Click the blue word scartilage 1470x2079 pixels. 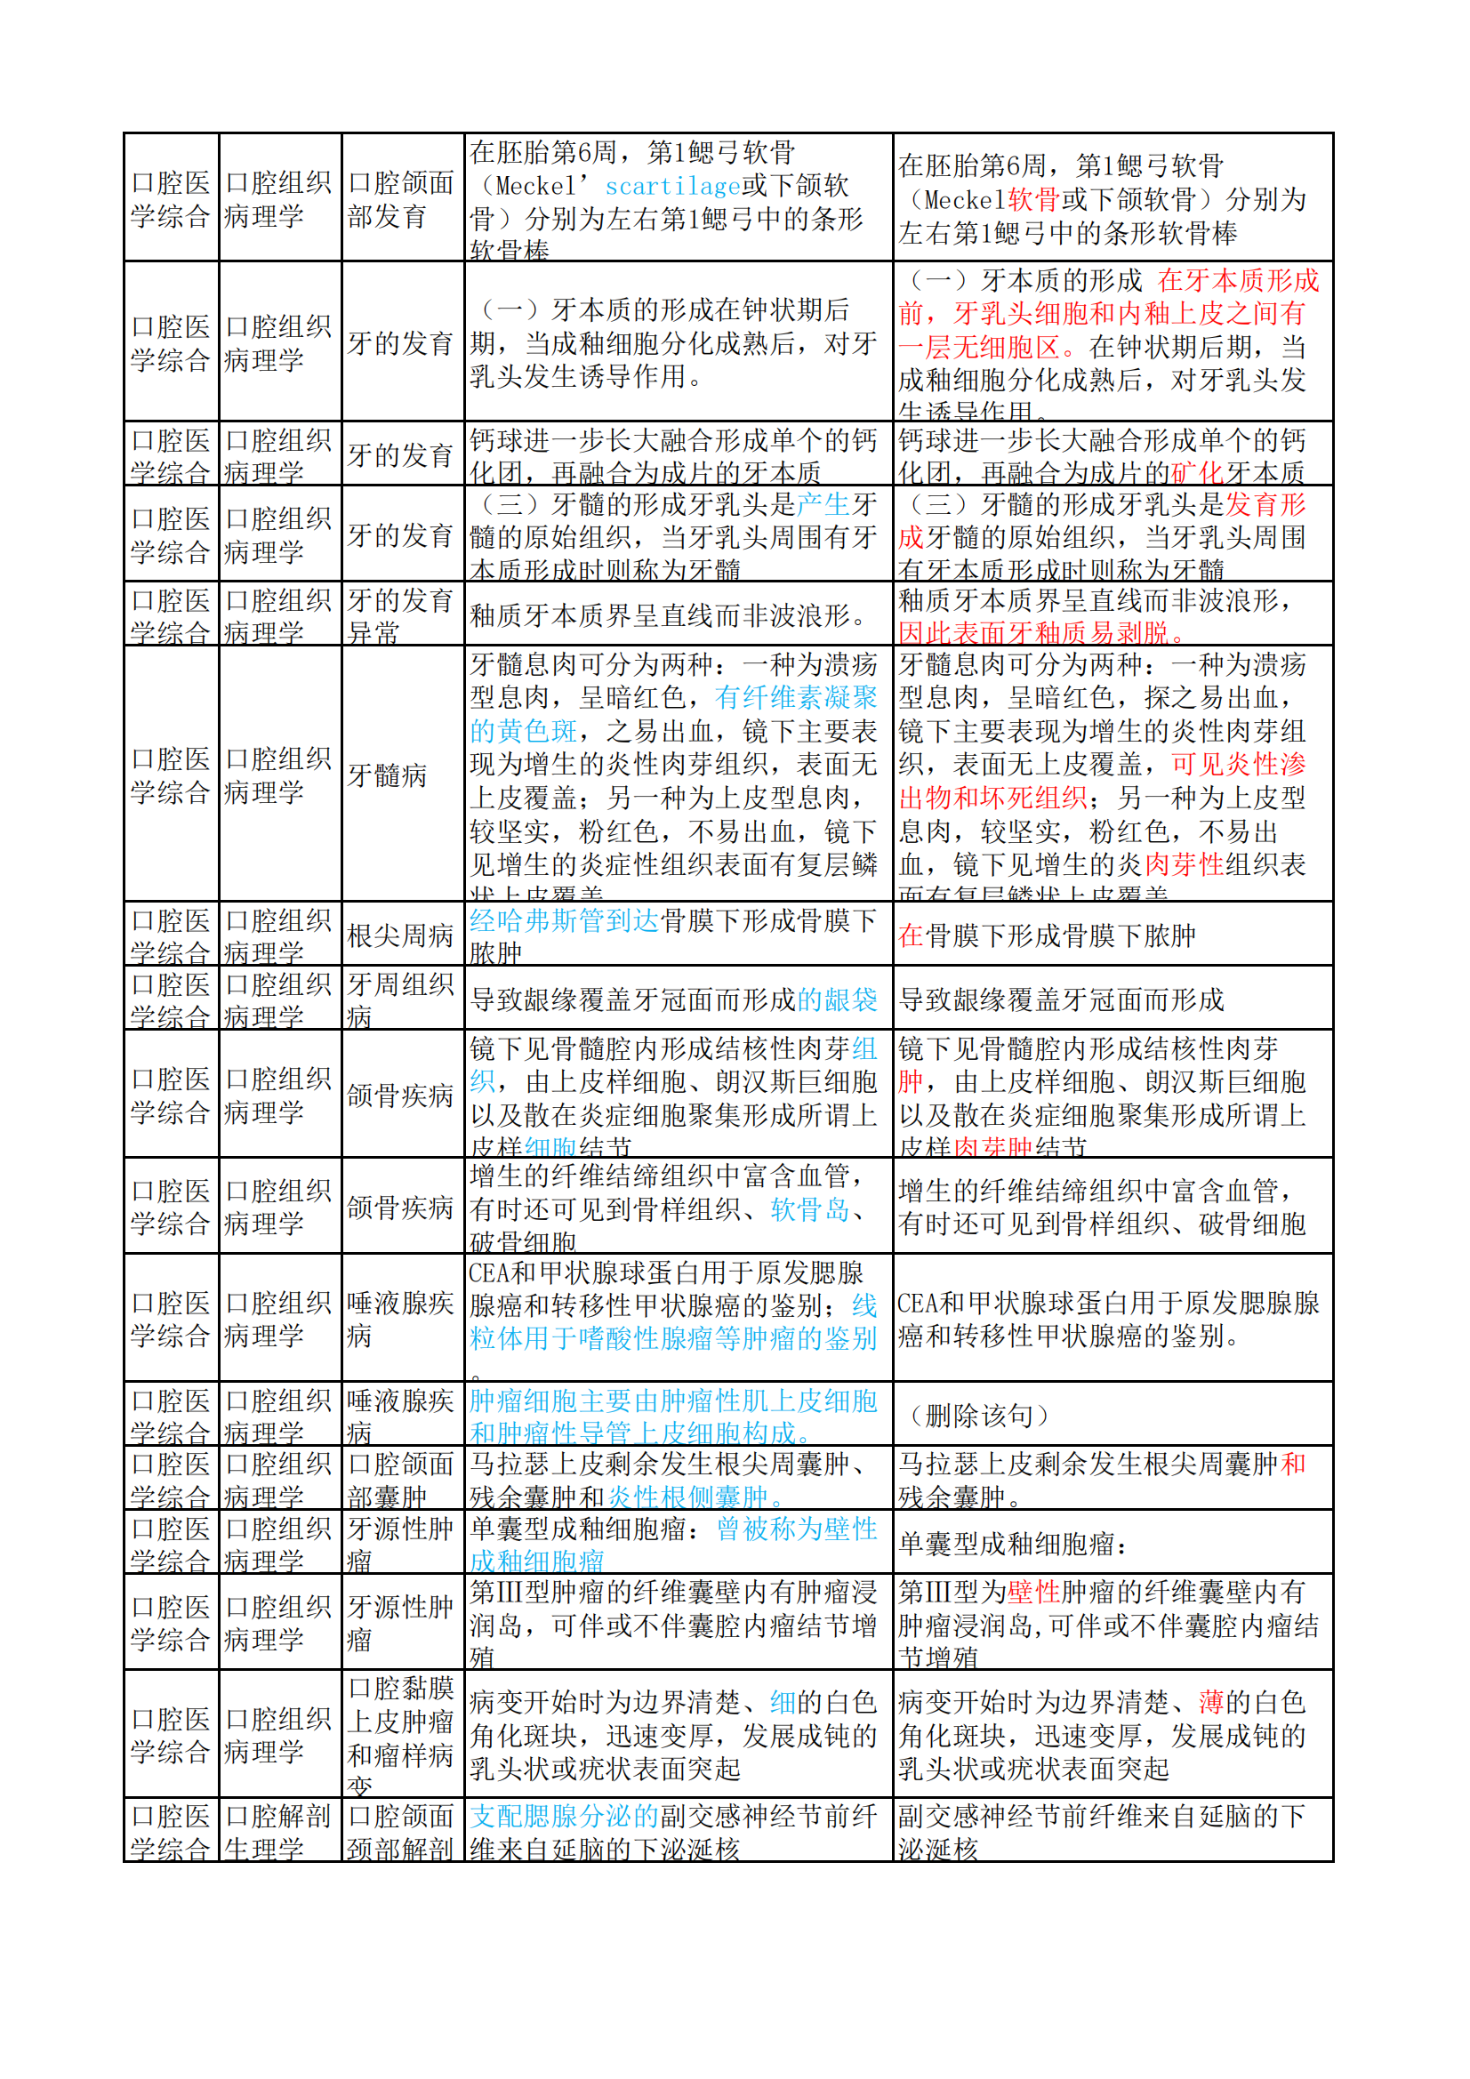coord(672,186)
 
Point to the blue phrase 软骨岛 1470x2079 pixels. coord(810,1208)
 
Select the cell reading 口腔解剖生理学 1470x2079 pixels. coord(279,1832)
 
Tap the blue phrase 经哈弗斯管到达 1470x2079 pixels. coord(563,921)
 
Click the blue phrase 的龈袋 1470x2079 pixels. coord(837,999)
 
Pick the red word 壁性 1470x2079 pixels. coord(1032,1592)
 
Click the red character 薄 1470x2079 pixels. coord(1211,1702)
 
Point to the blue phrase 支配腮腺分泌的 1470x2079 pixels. coord(563,1817)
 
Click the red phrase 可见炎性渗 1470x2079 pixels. coord(1238,764)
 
